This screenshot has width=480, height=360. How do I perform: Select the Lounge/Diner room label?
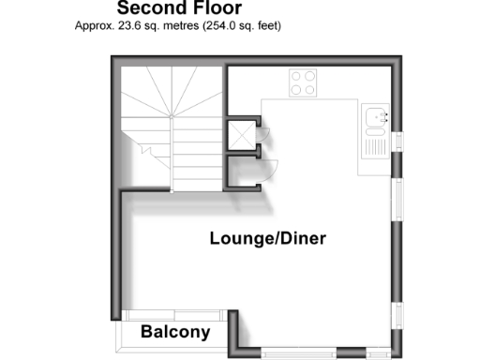coord(267,239)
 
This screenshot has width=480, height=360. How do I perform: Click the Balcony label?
coord(175,332)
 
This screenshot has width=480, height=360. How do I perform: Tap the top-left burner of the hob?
coord(296,77)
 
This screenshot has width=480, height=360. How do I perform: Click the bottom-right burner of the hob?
coord(311,90)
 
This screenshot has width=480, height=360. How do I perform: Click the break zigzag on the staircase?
coord(147,147)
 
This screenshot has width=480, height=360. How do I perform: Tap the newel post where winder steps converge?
coord(172,115)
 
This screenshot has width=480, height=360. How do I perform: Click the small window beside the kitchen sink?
coord(397,141)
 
